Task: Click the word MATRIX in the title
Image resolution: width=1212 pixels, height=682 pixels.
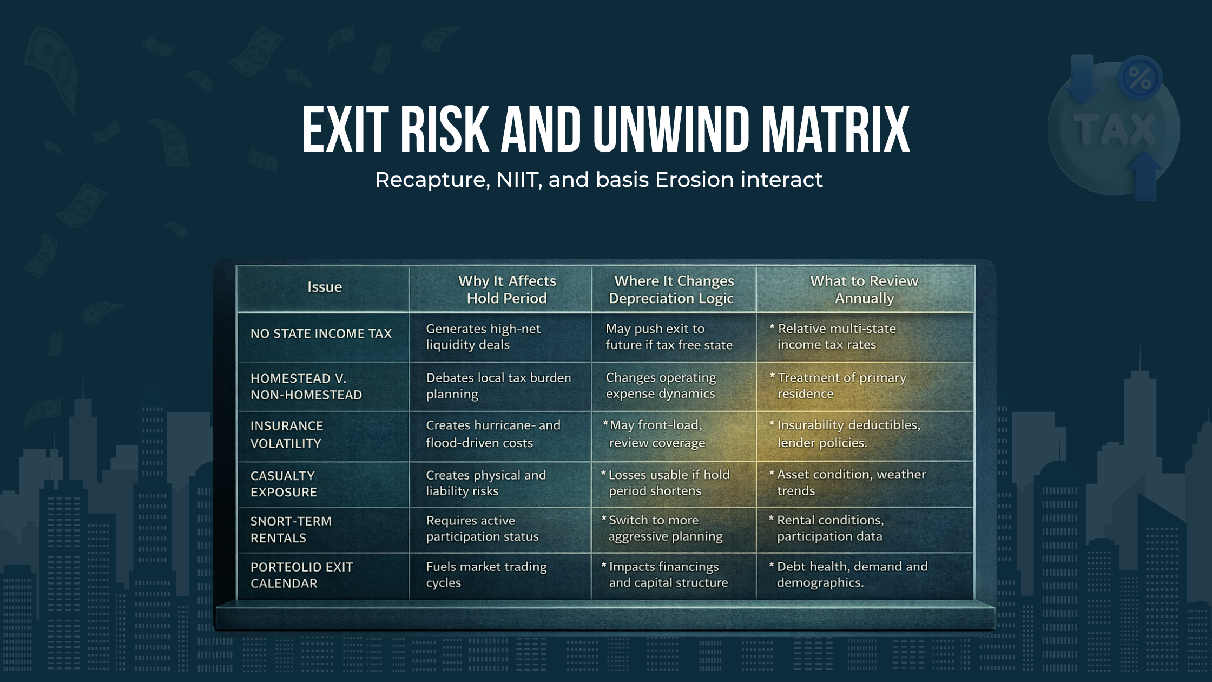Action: [x=835, y=130]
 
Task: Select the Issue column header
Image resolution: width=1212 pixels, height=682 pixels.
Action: [x=325, y=287]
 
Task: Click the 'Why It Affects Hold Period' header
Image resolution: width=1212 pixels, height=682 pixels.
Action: [x=507, y=290]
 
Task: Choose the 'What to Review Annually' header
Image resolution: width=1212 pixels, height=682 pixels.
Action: [x=864, y=290]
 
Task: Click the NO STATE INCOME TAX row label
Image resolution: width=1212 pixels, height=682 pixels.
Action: [x=321, y=333]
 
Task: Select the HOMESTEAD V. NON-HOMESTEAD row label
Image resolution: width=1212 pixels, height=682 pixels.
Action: [x=306, y=386]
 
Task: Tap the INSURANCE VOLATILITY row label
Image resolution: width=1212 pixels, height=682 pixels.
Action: [x=287, y=435]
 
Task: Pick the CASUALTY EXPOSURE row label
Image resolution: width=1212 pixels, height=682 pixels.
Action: [x=284, y=484]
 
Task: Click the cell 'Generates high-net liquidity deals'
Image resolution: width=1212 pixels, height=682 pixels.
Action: [x=483, y=337]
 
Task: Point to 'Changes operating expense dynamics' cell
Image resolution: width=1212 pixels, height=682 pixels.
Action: [x=661, y=385]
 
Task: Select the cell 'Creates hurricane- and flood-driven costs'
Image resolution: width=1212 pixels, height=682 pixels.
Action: [x=493, y=434]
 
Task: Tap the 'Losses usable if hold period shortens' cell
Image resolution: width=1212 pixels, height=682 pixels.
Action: [x=669, y=483]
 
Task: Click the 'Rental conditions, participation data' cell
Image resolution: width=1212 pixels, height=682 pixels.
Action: [x=830, y=528]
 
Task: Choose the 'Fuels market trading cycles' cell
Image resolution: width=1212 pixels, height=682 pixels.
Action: [x=486, y=574]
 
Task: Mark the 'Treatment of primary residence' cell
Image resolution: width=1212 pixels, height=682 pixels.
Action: [x=841, y=385]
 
